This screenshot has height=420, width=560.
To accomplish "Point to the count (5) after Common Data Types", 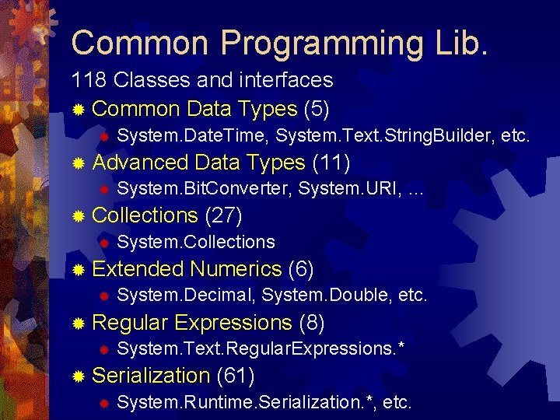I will point(320,109).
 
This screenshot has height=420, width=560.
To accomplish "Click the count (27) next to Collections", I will point(224,215).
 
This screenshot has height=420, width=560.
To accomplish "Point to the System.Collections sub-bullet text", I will point(195,242).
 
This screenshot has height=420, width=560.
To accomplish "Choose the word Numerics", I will point(235,269).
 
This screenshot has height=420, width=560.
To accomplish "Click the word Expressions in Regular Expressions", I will point(233,322).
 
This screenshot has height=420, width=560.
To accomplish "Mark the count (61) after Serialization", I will point(236,376).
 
